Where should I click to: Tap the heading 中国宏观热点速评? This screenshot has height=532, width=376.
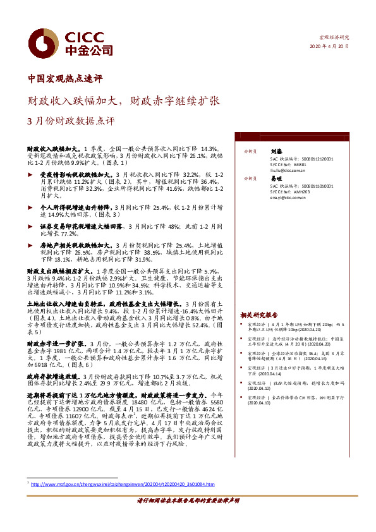[x=66, y=79]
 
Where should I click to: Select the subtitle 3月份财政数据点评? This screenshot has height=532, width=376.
[x=71, y=120]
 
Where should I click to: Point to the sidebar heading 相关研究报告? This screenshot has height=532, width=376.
[x=259, y=315]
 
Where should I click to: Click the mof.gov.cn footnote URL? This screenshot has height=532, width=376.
[x=123, y=485]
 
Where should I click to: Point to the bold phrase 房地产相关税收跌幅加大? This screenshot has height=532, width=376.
[x=73, y=244]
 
